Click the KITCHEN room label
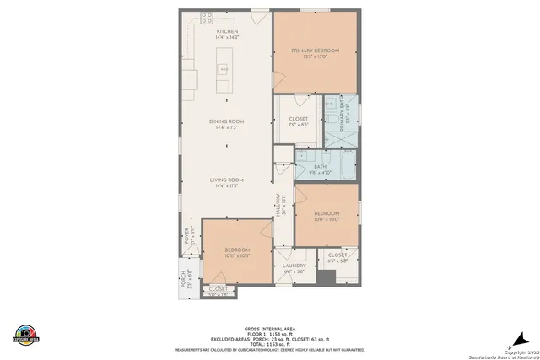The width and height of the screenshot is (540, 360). coord(227,31)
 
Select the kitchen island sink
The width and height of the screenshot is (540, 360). coord(224,69)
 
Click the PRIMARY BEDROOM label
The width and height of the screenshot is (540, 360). coord(315,51)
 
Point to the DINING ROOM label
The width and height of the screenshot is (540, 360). coord(226,121)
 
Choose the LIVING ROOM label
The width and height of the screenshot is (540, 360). coord(226,180)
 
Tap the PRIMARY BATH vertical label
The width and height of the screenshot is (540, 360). coord(342,109)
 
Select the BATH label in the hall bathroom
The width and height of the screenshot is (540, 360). coord(320,166)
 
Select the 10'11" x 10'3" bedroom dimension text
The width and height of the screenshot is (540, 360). coord(236,256)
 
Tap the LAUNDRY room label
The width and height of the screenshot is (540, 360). coord(294,266)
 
